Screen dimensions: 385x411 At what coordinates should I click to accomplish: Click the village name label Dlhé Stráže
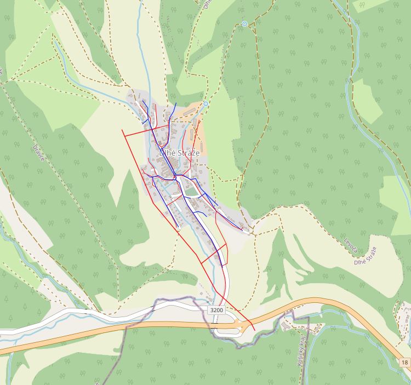pos(179,154)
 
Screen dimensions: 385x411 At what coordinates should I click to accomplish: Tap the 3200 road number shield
pos(216,310)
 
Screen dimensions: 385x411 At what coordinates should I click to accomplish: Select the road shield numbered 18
pos(404,363)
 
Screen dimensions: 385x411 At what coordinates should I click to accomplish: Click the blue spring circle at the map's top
pos(244,24)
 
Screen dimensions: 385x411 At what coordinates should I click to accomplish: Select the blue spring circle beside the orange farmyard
pos(206,104)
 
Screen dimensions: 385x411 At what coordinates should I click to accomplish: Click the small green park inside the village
pos(191,192)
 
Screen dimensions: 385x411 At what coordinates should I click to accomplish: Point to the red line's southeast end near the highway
pos(254,330)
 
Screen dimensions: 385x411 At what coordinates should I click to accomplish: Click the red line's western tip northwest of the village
pos(122,130)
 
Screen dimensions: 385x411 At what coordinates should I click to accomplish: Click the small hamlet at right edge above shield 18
pos(404,315)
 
